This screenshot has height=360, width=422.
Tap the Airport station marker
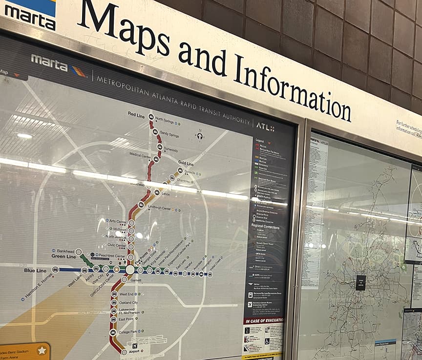[x=124, y=352]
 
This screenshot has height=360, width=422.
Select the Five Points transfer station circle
[x=130, y=270]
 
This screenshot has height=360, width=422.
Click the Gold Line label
[x=186, y=163]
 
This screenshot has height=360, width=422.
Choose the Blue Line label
[x=35, y=270]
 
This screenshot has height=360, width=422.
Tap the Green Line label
[x=64, y=256]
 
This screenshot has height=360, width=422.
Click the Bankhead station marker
[x=79, y=252]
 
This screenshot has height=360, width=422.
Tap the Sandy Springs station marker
[x=155, y=132]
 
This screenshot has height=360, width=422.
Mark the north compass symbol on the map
[x=199, y=135]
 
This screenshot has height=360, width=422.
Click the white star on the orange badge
[x=42, y=350]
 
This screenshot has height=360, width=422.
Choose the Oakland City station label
[x=128, y=303]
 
